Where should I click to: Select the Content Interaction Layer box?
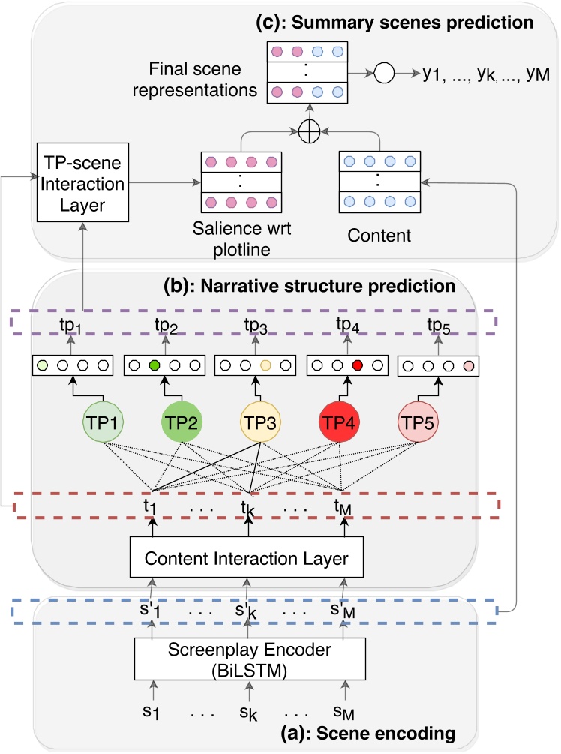pyautogui.click(x=247, y=558)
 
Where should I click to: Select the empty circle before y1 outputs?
pyautogui.click(x=385, y=74)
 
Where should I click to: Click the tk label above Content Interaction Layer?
pyautogui.click(x=248, y=509)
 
